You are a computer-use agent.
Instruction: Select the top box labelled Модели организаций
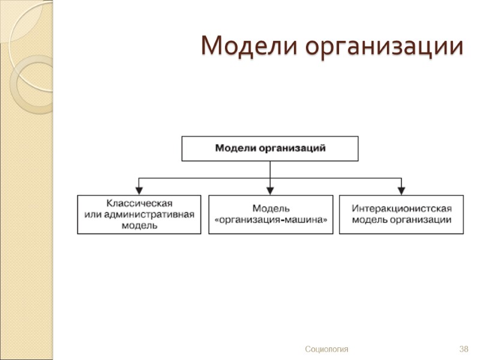pos(270,148)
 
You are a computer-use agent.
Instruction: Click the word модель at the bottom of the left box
pos(139,226)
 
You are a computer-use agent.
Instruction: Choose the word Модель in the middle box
pos(271,209)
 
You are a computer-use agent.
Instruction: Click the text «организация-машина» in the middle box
pos(271,220)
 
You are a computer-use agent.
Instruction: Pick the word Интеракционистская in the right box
pos(401,209)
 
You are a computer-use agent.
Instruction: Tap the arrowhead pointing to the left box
pos(139,191)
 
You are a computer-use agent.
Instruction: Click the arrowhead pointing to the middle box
pos(271,191)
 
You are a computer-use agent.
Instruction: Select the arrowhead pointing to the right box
pos(401,191)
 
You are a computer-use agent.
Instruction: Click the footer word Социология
pos(326,349)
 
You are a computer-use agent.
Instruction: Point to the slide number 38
pos(463,349)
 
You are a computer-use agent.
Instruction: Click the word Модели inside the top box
pos(236,148)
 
